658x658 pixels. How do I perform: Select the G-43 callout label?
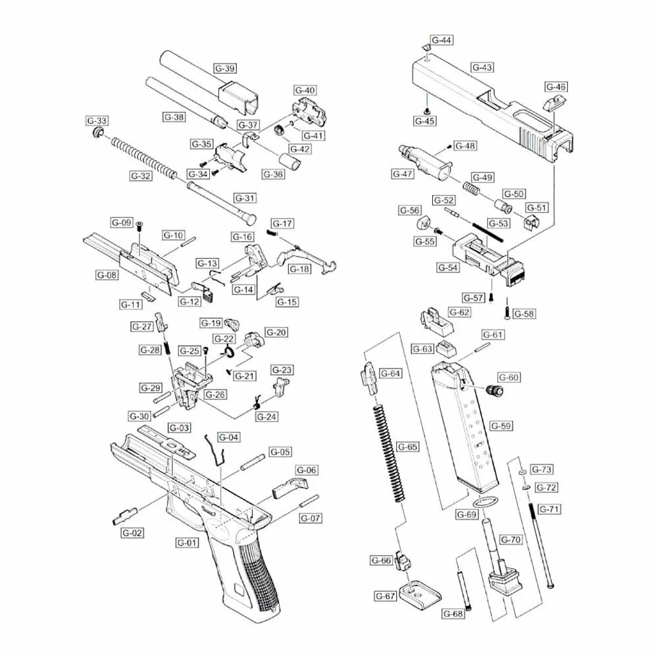click(482, 67)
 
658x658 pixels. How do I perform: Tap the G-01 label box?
click(187, 543)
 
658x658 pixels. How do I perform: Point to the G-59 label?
click(501, 426)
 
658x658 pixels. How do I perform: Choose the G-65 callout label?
click(408, 447)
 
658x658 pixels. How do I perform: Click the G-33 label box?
click(97, 120)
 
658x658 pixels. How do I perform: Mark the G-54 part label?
click(448, 268)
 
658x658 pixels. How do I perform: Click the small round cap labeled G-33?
click(98, 134)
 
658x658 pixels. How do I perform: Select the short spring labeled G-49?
click(469, 186)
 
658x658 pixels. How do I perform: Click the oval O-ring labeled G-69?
click(485, 503)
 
